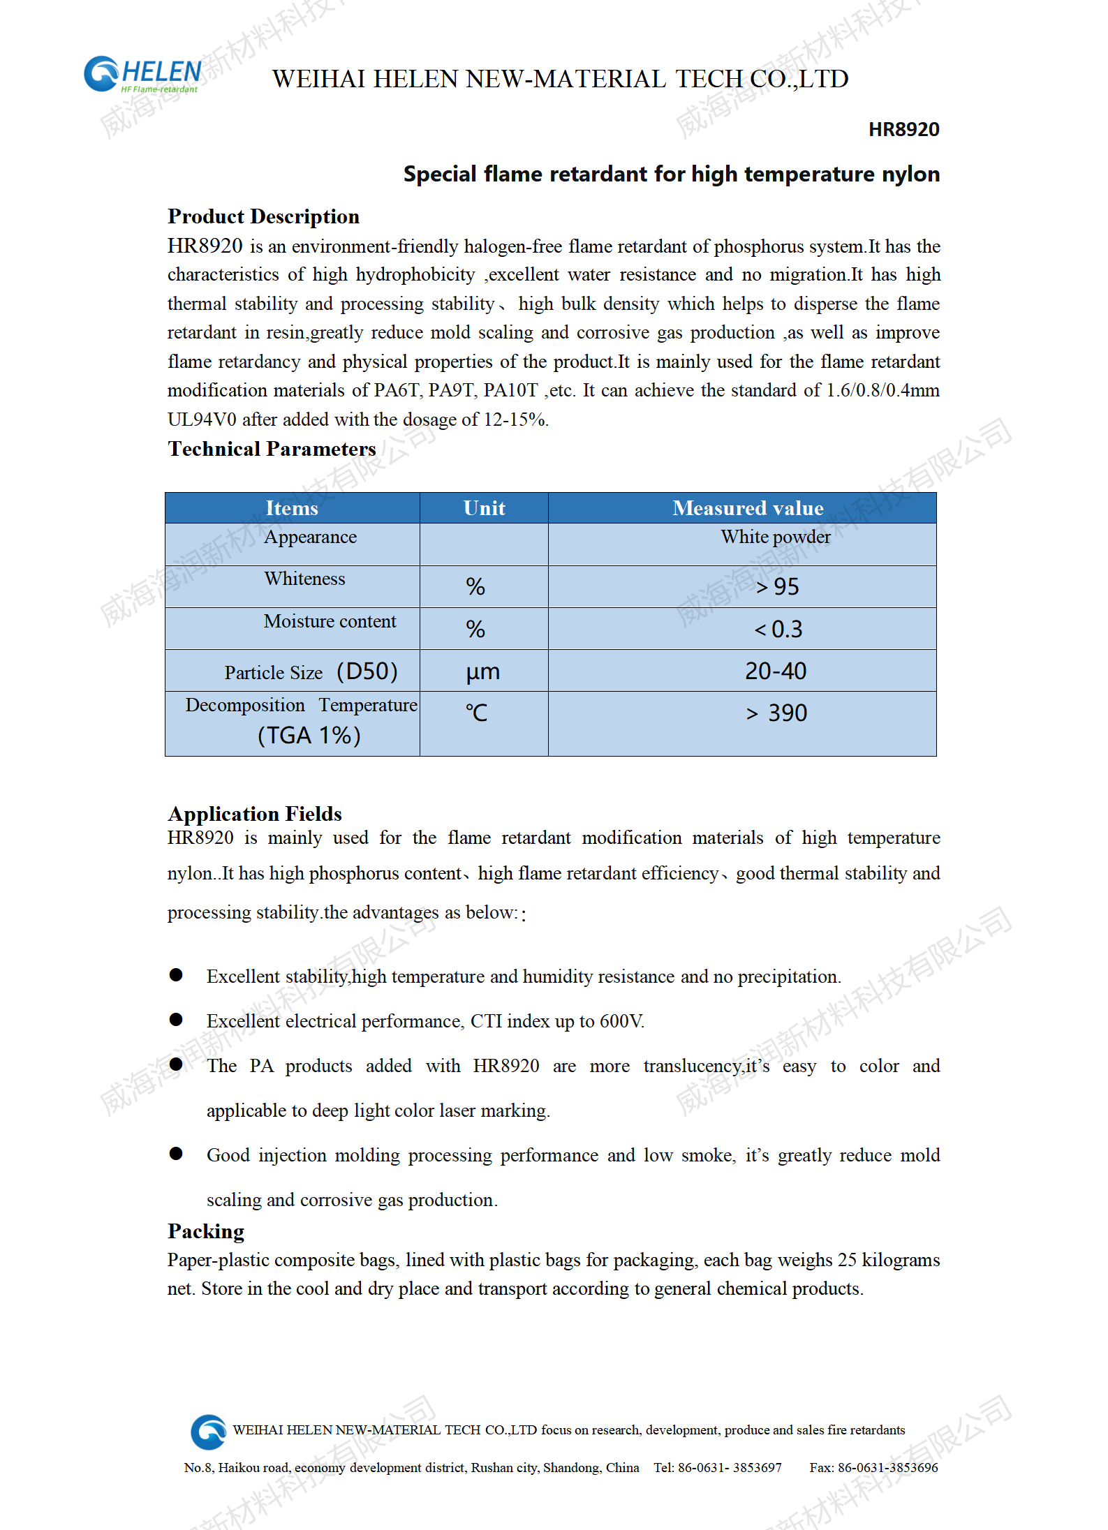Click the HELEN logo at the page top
point(143,75)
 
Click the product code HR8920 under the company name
point(903,130)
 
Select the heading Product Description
point(263,216)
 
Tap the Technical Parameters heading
point(272,449)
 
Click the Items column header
point(292,508)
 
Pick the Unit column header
point(484,508)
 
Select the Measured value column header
point(747,508)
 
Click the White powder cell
point(776,537)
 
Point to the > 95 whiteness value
point(777,587)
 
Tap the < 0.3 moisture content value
point(778,630)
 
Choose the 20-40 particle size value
point(776,671)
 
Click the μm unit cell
point(483,672)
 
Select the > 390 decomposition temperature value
point(776,713)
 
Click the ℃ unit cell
point(477,713)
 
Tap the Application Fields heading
point(255,814)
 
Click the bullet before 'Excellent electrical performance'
point(176,1020)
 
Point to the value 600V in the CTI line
point(621,1022)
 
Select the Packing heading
point(206,1231)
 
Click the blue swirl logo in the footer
point(208,1432)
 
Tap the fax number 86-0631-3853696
point(887,1467)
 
